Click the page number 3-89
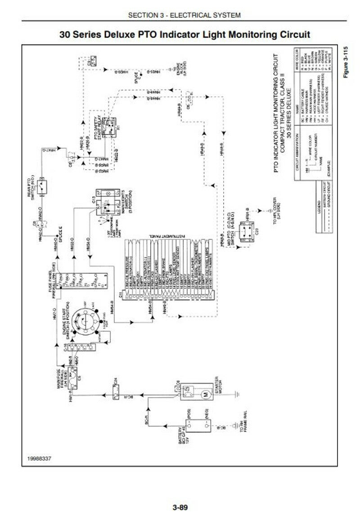pyautogui.click(x=180, y=508)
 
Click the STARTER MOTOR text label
pyautogui.click(x=219, y=394)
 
